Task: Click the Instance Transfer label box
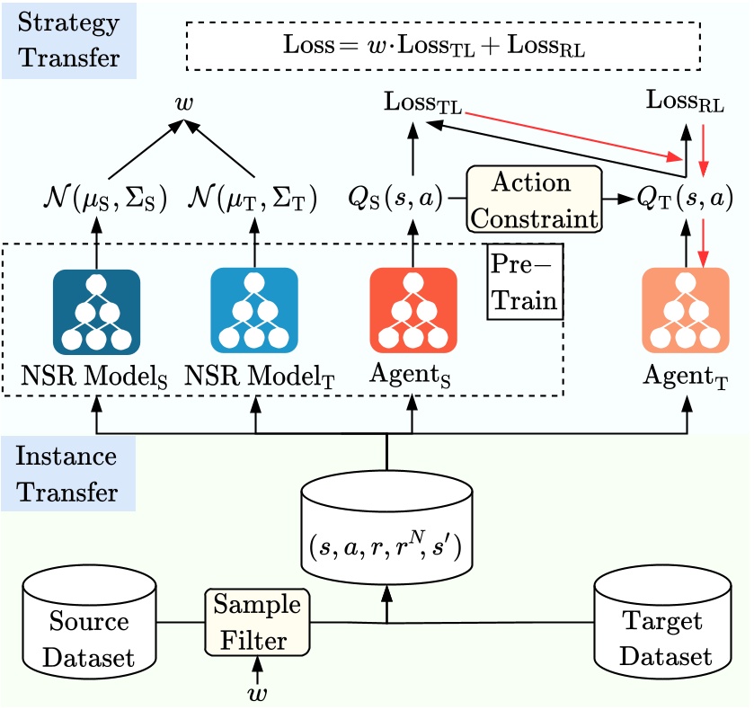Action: (67, 474)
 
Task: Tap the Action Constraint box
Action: (532, 200)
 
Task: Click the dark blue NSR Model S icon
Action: (96, 311)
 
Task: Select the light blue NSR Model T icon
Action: (254, 311)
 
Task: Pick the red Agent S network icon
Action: (413, 311)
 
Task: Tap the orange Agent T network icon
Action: (686, 311)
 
